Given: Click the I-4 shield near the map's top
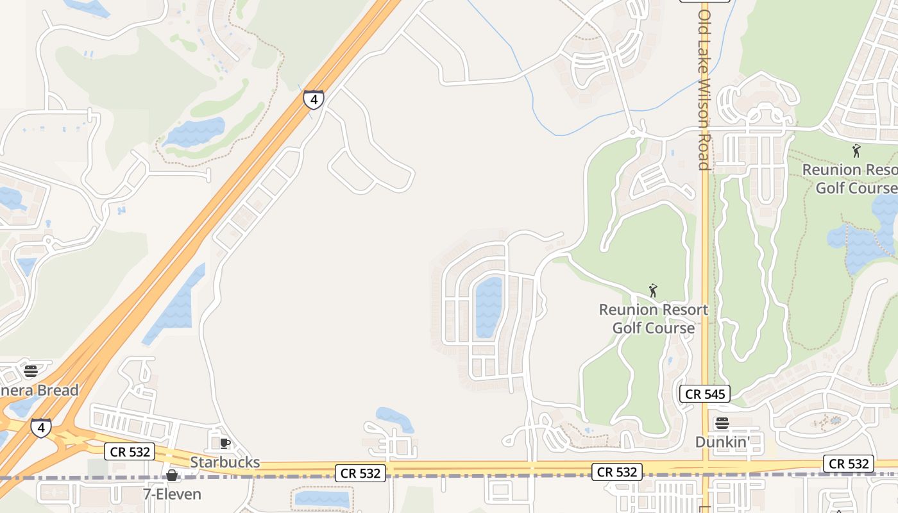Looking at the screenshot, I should [313, 99].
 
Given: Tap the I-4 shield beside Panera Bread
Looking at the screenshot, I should [40, 428].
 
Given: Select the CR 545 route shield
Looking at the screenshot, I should [705, 394].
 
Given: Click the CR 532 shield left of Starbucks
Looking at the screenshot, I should [130, 451].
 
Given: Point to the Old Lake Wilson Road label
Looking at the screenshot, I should [704, 90].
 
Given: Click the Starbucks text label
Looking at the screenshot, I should [224, 462].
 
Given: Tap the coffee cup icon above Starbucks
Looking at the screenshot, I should [224, 443].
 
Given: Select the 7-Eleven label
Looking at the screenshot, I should [172, 494].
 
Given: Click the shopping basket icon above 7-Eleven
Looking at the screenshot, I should [172, 475].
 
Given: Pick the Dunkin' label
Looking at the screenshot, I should [722, 442].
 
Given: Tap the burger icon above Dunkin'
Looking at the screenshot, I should [722, 423].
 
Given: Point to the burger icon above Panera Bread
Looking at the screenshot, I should [30, 371].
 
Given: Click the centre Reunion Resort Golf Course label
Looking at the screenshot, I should [653, 319].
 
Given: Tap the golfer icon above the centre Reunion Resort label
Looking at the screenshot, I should [653, 290].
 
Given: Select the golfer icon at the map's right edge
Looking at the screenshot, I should [856, 151].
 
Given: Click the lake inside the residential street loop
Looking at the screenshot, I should [489, 307].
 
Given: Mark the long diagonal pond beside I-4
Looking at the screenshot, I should [174, 305].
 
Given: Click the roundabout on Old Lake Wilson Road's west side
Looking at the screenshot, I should [633, 132].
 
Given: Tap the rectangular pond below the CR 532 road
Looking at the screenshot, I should [322, 499].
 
